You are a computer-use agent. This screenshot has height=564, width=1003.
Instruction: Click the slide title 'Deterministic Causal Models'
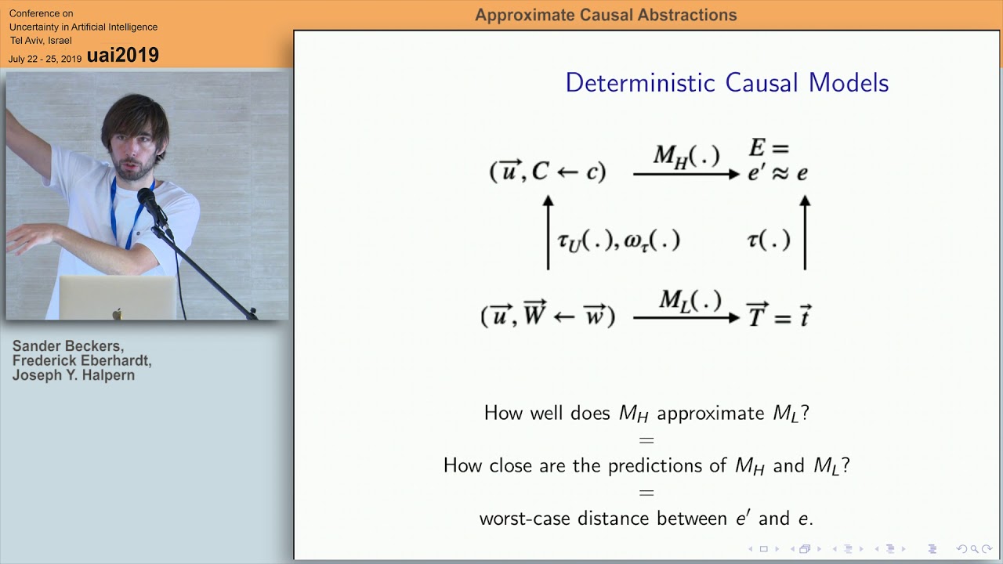click(x=726, y=83)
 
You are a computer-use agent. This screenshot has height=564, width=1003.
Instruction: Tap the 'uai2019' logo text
click(x=123, y=55)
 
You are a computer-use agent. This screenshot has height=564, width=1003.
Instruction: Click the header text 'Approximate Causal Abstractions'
click(x=606, y=15)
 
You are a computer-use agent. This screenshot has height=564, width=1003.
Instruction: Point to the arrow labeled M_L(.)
click(x=686, y=317)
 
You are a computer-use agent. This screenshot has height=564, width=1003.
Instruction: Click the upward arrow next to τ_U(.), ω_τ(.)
click(x=548, y=233)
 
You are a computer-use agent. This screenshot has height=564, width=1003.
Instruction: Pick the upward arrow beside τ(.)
click(x=805, y=233)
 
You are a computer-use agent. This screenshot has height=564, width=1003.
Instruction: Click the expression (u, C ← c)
click(x=548, y=172)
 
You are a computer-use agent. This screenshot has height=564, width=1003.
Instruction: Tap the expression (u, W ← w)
click(x=548, y=316)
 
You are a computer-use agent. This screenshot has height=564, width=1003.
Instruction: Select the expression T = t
click(x=777, y=316)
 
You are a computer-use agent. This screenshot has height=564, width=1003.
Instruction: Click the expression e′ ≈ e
click(x=777, y=173)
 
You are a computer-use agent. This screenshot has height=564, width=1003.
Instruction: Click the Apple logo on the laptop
click(x=117, y=314)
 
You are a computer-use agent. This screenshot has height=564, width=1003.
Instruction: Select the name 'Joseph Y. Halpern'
click(x=74, y=375)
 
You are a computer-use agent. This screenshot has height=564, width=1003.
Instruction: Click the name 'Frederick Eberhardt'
click(x=81, y=361)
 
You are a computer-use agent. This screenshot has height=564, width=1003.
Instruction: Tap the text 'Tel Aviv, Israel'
click(x=41, y=40)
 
